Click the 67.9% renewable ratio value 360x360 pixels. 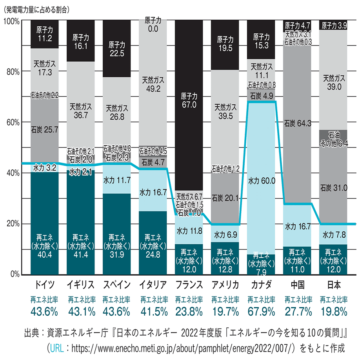(x=262, y=312)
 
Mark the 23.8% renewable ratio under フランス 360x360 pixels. (x=189, y=312)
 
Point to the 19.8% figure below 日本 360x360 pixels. (x=334, y=312)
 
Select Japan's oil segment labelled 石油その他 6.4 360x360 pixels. (x=334, y=139)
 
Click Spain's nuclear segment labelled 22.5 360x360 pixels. (x=117, y=49)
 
